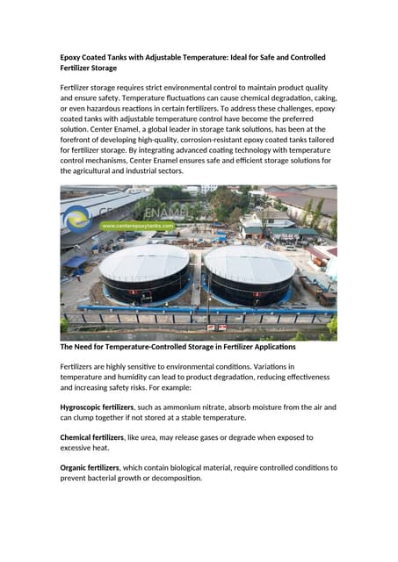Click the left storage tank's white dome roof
point(145,261)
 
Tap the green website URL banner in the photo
point(136,226)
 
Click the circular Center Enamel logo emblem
point(78,215)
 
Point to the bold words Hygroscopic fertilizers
point(97,407)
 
